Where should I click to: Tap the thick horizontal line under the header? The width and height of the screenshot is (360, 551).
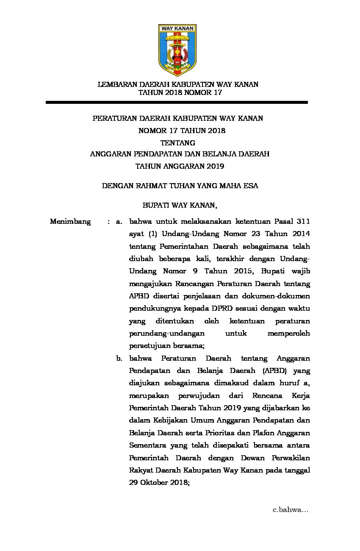(x=177, y=102)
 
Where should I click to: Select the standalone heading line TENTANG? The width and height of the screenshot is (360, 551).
(x=177, y=142)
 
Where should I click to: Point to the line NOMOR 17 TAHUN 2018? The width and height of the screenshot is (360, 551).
(x=182, y=131)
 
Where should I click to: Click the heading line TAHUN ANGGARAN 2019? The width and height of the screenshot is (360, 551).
(x=180, y=166)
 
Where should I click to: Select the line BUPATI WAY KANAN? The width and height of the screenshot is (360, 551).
(x=180, y=206)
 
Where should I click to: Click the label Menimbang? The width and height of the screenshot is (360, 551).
(x=70, y=221)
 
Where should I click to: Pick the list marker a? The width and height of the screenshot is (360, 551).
(x=119, y=221)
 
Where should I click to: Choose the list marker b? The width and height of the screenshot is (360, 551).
(x=119, y=359)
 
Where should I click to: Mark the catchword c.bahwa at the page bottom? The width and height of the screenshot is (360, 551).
(x=290, y=510)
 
